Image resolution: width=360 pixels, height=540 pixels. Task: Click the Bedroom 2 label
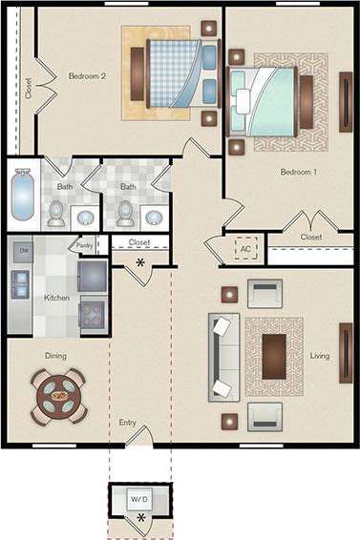(x=87, y=74)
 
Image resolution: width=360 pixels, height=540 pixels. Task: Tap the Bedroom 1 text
(x=299, y=173)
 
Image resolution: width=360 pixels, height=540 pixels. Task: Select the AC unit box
(x=246, y=248)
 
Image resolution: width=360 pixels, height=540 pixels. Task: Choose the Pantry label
(x=85, y=244)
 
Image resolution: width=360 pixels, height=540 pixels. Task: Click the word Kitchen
(x=56, y=298)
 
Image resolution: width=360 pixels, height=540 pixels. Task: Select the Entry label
(x=127, y=422)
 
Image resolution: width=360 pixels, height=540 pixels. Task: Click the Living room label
(x=319, y=356)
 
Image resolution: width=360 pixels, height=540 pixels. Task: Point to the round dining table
(x=59, y=395)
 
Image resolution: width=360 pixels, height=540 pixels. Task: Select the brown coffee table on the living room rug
(x=274, y=356)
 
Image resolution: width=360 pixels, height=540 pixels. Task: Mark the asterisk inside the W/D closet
(x=142, y=518)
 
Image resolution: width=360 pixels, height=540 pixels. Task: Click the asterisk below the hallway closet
(x=141, y=262)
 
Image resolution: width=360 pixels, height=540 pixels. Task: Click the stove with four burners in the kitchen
(x=93, y=312)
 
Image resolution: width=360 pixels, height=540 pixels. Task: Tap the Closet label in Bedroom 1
(x=310, y=237)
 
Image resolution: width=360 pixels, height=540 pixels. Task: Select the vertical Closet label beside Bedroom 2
(x=28, y=89)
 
